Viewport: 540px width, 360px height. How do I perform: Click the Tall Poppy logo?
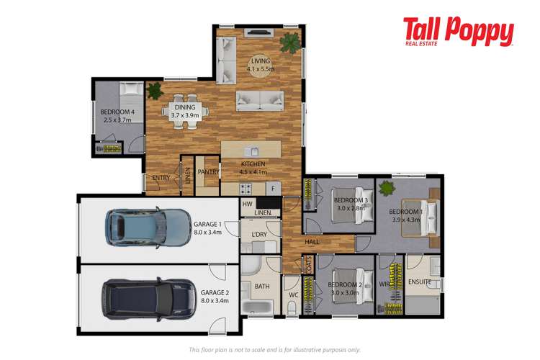point(458,32)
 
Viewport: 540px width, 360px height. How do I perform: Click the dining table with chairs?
point(184,112)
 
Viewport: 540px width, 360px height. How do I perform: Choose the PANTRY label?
point(208,173)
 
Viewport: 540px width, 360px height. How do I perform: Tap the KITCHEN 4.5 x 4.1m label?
point(253,168)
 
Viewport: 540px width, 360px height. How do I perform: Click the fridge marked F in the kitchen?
point(273,189)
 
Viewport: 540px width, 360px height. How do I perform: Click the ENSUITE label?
point(421,283)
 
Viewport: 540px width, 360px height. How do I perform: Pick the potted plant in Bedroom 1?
point(387,189)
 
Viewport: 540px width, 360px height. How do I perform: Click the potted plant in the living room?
point(291,42)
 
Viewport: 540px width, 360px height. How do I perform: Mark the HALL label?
point(312,243)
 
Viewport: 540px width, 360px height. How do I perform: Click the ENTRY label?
point(161,178)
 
